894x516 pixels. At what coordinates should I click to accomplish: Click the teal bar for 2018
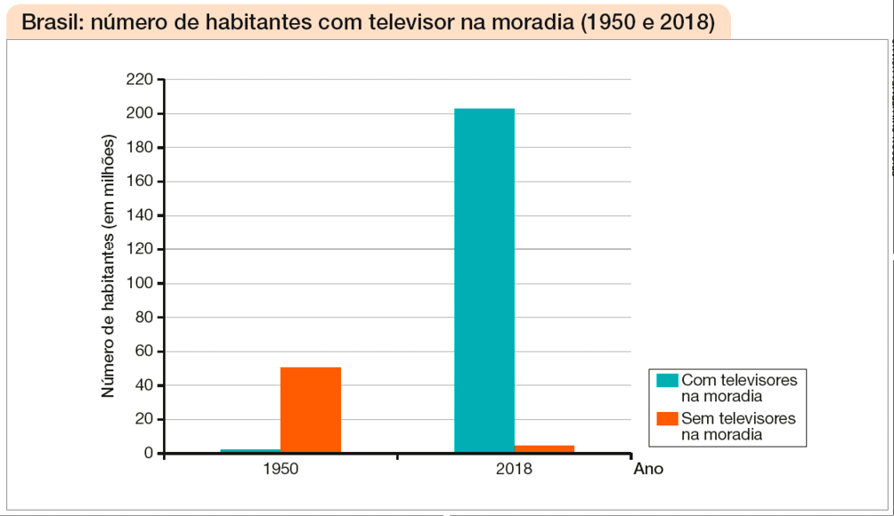pyautogui.click(x=484, y=280)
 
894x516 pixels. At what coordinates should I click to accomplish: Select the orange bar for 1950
pyautogui.click(x=311, y=410)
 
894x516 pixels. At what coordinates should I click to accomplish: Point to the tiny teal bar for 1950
pyautogui.click(x=250, y=451)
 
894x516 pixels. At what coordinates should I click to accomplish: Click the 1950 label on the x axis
pyautogui.click(x=280, y=469)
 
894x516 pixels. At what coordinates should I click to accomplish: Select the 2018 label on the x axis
pyautogui.click(x=514, y=469)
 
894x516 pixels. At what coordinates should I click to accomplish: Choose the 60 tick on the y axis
pyautogui.click(x=142, y=351)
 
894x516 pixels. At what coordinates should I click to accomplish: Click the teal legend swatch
pyautogui.click(x=667, y=380)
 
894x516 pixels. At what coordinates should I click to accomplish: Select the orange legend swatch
pyautogui.click(x=667, y=418)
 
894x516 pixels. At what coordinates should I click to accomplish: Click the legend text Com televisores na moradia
pyautogui.click(x=738, y=388)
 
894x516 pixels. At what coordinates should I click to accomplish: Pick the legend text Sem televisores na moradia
pyautogui.click(x=738, y=426)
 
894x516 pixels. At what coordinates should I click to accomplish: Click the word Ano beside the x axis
pyautogui.click(x=648, y=469)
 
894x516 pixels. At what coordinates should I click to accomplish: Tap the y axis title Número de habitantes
pyautogui.click(x=109, y=267)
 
